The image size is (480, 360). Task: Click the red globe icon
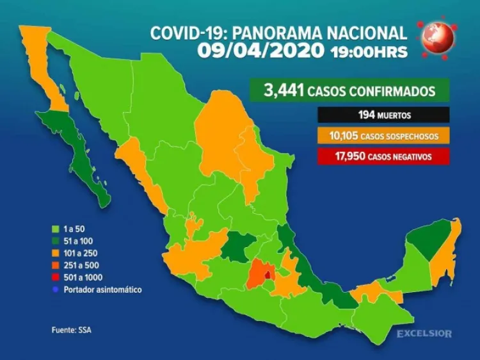pyautogui.click(x=438, y=37)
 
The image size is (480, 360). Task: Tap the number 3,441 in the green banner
pyautogui.click(x=284, y=91)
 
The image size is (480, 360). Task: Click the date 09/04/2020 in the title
pyautogui.click(x=260, y=51)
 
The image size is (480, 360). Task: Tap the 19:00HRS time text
pyautogui.click(x=368, y=52)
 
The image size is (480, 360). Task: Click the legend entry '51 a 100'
pyautogui.click(x=76, y=241)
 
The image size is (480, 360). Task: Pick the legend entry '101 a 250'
pyautogui.click(x=78, y=253)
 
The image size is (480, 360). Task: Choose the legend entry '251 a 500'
pyautogui.click(x=78, y=265)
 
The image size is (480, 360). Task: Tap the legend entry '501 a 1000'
pyautogui.click(x=80, y=277)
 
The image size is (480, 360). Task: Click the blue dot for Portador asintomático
pyautogui.click(x=55, y=290)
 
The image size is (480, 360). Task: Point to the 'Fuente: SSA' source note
pyautogui.click(x=67, y=331)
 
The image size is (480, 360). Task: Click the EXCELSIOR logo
pyautogui.click(x=424, y=334)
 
